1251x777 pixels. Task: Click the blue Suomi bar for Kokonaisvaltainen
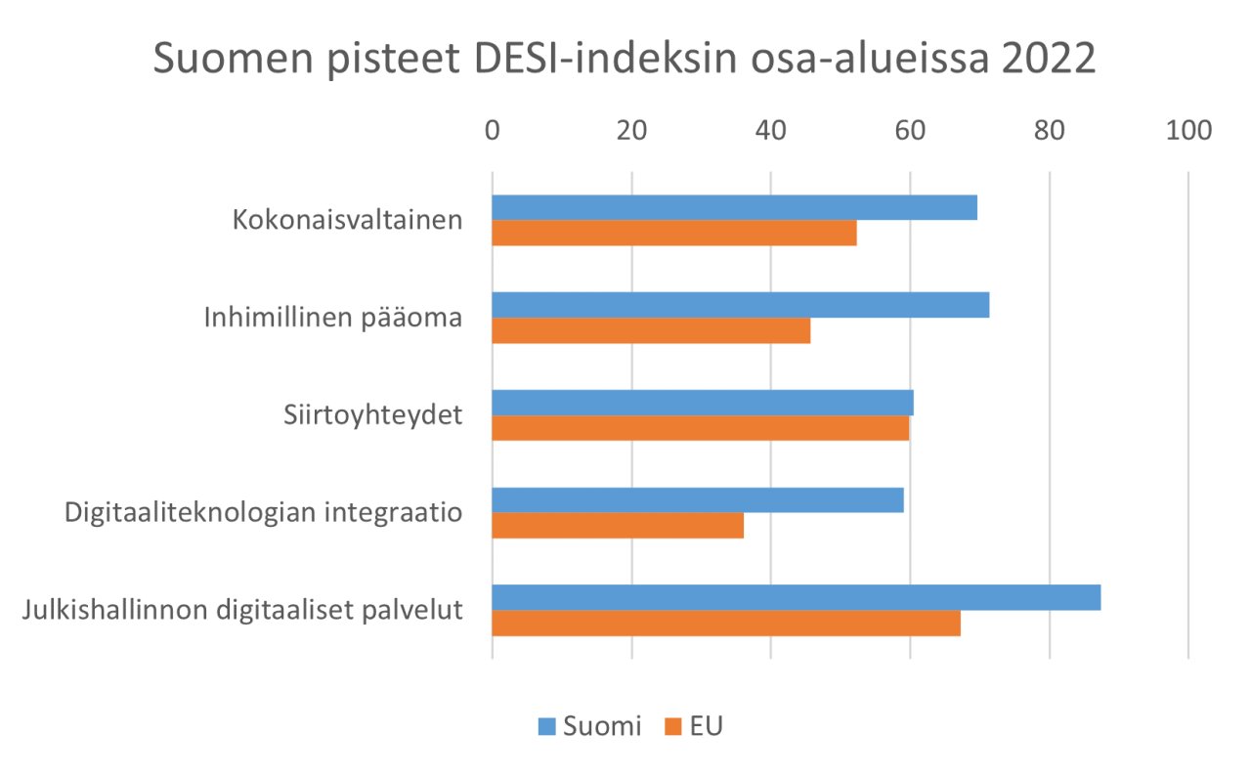coord(734,207)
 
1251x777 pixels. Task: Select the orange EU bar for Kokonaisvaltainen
coord(674,233)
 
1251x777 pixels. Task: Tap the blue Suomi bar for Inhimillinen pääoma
coord(740,305)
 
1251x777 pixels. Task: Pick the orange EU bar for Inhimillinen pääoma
coord(651,330)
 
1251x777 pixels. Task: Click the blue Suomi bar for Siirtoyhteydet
coord(703,403)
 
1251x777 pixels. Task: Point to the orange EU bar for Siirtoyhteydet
coord(701,428)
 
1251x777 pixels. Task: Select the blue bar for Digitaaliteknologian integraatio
coord(698,500)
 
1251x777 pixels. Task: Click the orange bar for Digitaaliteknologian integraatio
coord(618,526)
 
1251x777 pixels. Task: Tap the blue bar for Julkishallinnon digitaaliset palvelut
coord(797,597)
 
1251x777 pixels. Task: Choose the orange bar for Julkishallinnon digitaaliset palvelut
coord(726,624)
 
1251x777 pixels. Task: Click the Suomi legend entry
coord(589,726)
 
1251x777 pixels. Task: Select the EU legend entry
coord(693,726)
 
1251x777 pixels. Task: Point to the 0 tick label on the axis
coord(493,130)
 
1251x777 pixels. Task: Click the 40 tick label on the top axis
coord(771,130)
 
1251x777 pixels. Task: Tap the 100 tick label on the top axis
coord(1187,130)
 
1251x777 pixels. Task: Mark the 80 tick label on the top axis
coord(1050,130)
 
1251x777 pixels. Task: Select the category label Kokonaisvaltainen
coord(347,220)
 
